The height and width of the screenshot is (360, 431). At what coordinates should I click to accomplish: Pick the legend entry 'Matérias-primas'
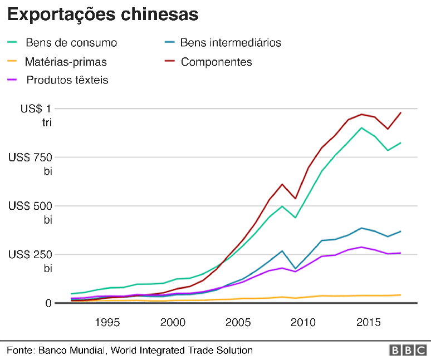pos(66,62)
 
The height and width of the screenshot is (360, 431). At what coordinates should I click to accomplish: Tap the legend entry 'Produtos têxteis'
pos(67,80)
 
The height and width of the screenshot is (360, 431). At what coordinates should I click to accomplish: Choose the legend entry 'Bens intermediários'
pos(231,43)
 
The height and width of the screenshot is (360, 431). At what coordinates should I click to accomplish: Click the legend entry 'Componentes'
pos(216,62)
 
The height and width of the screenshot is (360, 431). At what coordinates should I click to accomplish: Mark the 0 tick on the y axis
pos(48,303)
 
